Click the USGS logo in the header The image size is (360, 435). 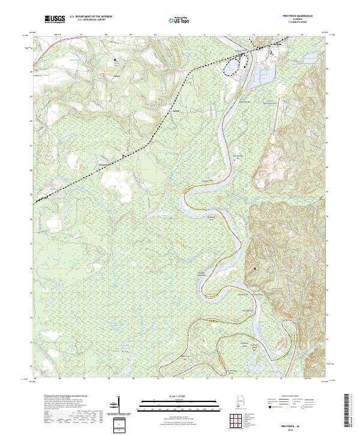tap(55, 20)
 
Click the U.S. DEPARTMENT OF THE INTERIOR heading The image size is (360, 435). tap(91, 17)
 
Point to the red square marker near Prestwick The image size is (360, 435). tap(124, 155)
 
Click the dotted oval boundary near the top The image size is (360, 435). tap(231, 66)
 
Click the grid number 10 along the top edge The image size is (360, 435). tap(155, 35)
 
